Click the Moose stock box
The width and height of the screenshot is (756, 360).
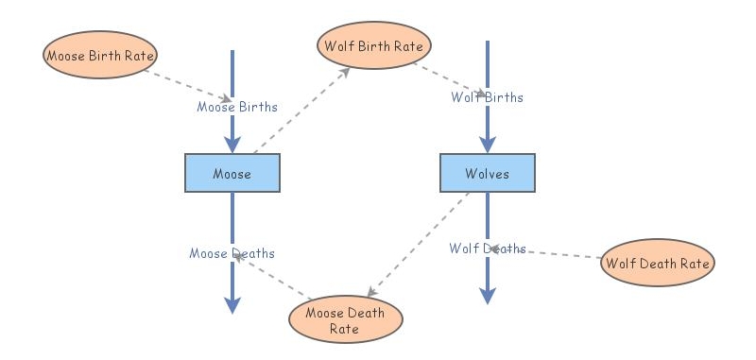pyautogui.click(x=232, y=173)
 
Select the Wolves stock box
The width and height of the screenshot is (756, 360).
pyautogui.click(x=488, y=173)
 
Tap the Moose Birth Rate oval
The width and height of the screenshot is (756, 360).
pyautogui.click(x=99, y=55)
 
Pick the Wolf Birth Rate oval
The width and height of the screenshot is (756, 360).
pyautogui.click(x=375, y=45)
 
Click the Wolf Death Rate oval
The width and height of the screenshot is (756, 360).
pyautogui.click(x=657, y=263)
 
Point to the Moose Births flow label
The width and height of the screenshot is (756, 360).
pyautogui.click(x=237, y=107)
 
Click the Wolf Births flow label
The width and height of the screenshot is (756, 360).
pyautogui.click(x=487, y=97)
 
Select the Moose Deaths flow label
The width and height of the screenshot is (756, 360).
pyautogui.click(x=232, y=253)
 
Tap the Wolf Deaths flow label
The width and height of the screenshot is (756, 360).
pyautogui.click(x=488, y=249)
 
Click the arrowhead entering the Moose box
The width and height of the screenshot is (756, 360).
pyautogui.click(x=232, y=144)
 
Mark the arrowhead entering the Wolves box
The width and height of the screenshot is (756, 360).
pyautogui.click(x=488, y=144)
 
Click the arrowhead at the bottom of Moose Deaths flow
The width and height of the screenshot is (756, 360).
pyautogui.click(x=232, y=304)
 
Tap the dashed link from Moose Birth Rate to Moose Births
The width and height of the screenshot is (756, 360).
pyautogui.click(x=189, y=83)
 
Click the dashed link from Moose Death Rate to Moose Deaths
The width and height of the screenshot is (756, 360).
pyautogui.click(x=274, y=279)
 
